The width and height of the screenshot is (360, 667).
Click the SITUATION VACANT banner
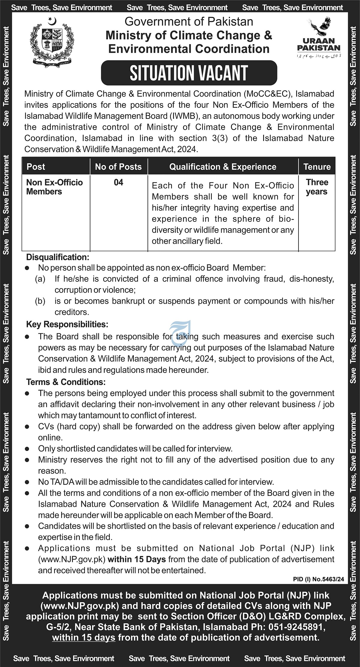pyautogui.click(x=189, y=73)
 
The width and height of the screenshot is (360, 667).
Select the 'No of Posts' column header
pyautogui.click(x=118, y=167)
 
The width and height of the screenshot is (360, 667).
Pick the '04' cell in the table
pyautogui.click(x=118, y=182)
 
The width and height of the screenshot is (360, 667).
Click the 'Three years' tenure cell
pyautogui.click(x=317, y=187)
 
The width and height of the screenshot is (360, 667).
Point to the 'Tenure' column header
pyautogui.click(x=317, y=167)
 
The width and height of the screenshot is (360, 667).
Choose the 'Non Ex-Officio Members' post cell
pyautogui.click(x=55, y=187)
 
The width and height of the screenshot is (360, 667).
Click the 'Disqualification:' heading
pyautogui.click(x=58, y=257)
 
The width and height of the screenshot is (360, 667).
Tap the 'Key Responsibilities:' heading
pyautogui.click(x=67, y=324)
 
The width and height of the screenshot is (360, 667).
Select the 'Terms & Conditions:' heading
pyautogui.click(x=66, y=382)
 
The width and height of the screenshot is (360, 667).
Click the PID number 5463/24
pyautogui.click(x=319, y=580)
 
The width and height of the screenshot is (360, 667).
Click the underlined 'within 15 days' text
pyautogui.click(x=84, y=637)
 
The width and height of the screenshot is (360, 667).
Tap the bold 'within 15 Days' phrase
pyautogui.click(x=137, y=559)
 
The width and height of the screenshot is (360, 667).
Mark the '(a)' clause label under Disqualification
pyautogui.click(x=40, y=279)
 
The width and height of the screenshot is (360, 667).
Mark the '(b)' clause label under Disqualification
pyautogui.click(x=40, y=301)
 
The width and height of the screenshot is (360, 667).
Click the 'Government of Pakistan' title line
pyautogui.click(x=189, y=22)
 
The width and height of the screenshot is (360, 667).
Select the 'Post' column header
pyautogui.click(x=36, y=167)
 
